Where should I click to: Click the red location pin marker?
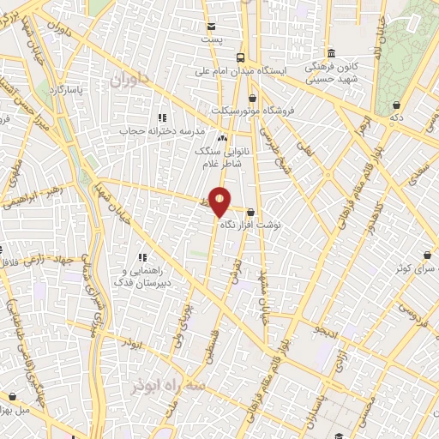click(220, 202)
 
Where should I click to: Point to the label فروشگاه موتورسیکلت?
click(254, 110)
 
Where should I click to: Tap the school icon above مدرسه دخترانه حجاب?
click(161, 117)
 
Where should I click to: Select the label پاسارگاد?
click(66, 89)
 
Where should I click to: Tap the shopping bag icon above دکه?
click(396, 101)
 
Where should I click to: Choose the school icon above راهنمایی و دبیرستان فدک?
click(142, 256)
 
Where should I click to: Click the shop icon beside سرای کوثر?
click(428, 254)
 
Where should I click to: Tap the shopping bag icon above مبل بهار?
click(12, 395)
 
